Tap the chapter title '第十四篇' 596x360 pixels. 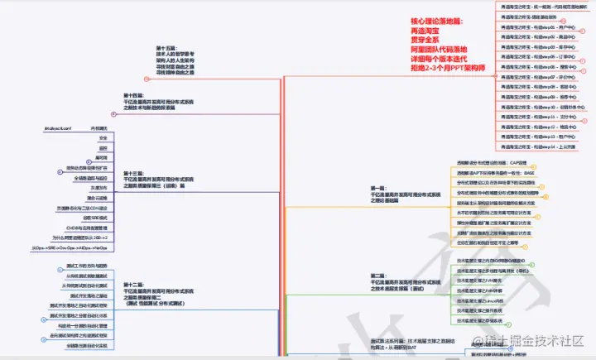pyautogui.click(x=134, y=96)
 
